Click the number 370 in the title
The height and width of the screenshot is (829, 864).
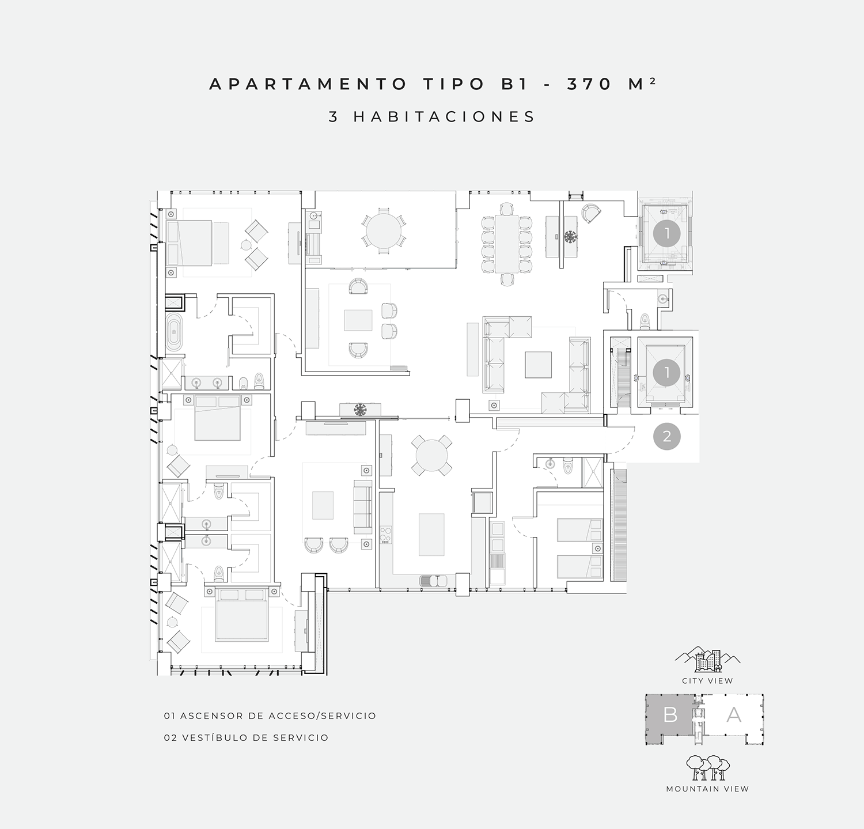(589, 84)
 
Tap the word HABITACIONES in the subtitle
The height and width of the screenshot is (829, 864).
(445, 116)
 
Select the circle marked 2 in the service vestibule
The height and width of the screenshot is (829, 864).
(667, 437)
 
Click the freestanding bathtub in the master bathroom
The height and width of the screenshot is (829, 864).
(174, 332)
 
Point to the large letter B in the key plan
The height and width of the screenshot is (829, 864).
(670, 715)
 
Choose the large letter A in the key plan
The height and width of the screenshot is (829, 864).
(733, 715)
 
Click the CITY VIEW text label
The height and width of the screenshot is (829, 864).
(707, 680)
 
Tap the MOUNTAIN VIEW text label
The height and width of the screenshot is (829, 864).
(707, 789)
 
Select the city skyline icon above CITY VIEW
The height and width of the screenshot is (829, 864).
(708, 660)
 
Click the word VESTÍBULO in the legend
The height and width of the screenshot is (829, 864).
(219, 737)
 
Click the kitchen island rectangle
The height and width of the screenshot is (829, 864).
(431, 535)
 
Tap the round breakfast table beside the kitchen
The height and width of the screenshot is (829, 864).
(431, 455)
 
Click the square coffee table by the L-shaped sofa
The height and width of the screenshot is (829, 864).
(538, 365)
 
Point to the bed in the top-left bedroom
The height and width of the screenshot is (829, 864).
(189, 243)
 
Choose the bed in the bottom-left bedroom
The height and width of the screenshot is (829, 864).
(242, 614)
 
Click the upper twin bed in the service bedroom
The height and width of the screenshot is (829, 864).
(579, 530)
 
